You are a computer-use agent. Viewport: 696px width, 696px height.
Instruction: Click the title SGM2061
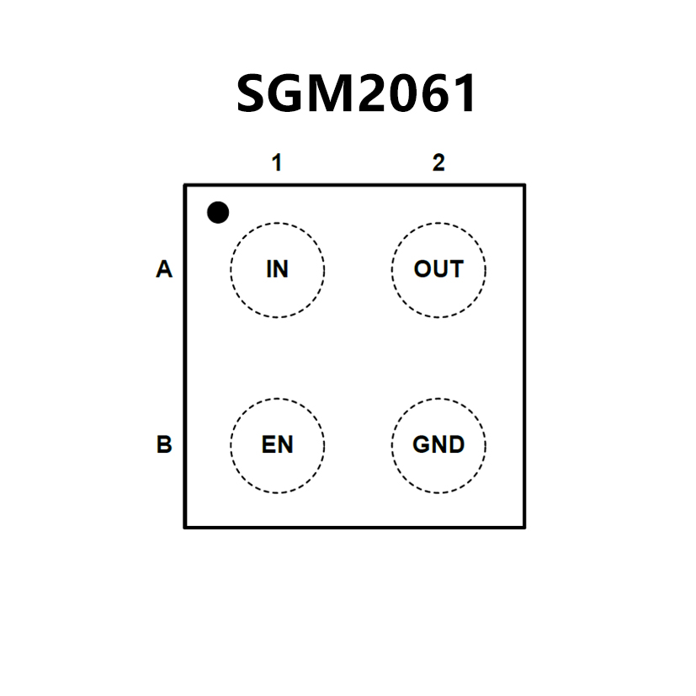pyautogui.click(x=357, y=93)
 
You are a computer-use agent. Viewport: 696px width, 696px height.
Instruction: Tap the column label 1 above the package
pyautogui.click(x=276, y=163)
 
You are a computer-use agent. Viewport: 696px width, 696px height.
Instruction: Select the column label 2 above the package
pyautogui.click(x=438, y=163)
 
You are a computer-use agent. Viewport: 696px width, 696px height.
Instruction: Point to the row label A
pyautogui.click(x=164, y=270)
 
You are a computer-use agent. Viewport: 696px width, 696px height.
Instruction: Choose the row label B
pyautogui.click(x=164, y=444)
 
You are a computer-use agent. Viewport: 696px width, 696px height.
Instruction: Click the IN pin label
pyautogui.click(x=277, y=269)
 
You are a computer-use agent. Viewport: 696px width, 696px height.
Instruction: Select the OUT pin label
pyautogui.click(x=438, y=269)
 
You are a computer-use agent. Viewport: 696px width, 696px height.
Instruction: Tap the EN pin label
pyautogui.click(x=277, y=444)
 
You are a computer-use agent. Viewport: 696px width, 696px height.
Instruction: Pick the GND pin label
pyautogui.click(x=438, y=444)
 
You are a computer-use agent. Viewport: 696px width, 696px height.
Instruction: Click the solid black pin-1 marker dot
pyautogui.click(x=218, y=213)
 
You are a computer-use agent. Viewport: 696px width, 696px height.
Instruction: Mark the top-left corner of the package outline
pyautogui.click(x=185, y=185)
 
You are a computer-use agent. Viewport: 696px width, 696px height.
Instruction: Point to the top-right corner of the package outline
pyautogui.click(x=524, y=185)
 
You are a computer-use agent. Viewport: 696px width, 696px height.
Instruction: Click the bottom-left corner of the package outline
pyautogui.click(x=185, y=527)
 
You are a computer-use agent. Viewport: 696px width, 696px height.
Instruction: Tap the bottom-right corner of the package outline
pyautogui.click(x=524, y=527)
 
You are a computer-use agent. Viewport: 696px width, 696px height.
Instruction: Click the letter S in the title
pyautogui.click(x=253, y=93)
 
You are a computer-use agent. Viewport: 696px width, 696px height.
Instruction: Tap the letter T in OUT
pyautogui.click(x=455, y=269)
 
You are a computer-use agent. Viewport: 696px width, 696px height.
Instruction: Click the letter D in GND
pyautogui.click(x=455, y=444)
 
